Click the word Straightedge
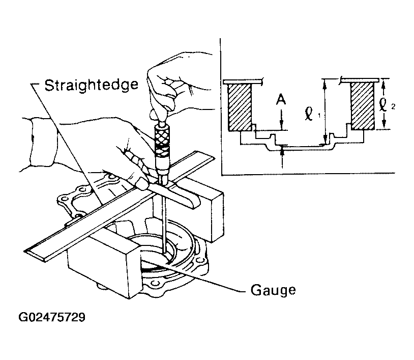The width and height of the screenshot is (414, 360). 91,85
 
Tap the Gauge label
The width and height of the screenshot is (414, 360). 273,290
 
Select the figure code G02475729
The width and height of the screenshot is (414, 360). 52,317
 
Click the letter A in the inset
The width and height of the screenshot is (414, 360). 281,100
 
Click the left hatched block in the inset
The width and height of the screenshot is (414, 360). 240,107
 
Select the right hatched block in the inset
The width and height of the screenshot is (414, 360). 363,106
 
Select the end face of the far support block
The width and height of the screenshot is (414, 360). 217,215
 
